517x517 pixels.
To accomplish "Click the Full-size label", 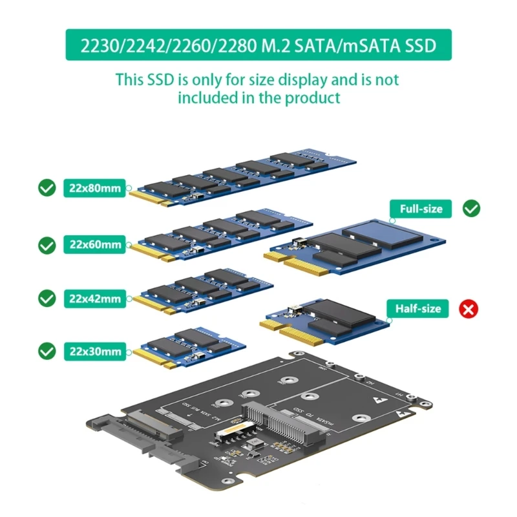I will tap(421, 209).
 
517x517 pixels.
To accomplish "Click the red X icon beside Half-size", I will tap(469, 309).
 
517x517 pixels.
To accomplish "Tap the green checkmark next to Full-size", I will tap(472, 208).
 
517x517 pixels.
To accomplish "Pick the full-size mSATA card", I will tap(355, 242).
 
